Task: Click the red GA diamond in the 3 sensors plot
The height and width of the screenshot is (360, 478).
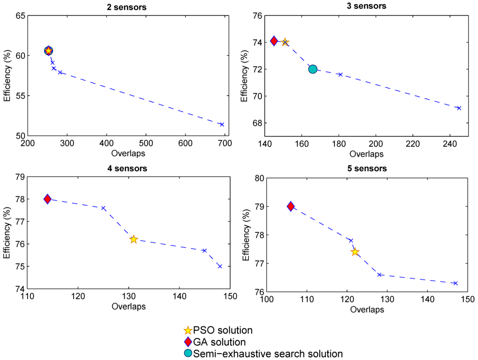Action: coord(274,41)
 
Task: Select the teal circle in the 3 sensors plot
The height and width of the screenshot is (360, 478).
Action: coord(313,69)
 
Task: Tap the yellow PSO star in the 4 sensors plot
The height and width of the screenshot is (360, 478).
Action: coord(134,239)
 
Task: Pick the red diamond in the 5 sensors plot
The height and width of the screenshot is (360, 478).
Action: coord(291,206)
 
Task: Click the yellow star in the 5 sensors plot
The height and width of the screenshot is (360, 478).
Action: coord(355,252)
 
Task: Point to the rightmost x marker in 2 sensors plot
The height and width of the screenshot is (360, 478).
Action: coord(222,125)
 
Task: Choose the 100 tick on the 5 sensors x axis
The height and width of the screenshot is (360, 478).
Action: coord(266,299)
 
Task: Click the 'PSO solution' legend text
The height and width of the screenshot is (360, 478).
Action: coord(223,331)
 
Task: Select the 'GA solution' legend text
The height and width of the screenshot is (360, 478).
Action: coord(220,342)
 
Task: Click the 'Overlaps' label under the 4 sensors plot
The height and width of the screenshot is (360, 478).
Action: coord(128,306)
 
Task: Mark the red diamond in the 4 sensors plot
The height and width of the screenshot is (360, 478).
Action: coord(47,199)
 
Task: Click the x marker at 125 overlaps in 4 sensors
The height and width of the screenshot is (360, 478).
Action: coord(103,208)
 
